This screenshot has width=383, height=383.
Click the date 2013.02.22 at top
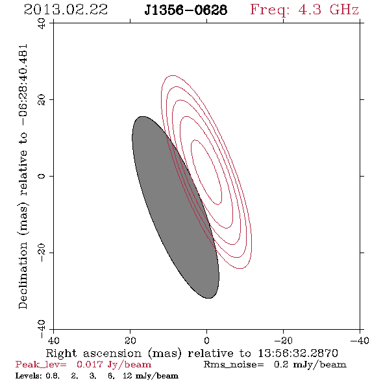(x=66, y=10)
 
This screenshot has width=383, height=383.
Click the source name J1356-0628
(x=186, y=10)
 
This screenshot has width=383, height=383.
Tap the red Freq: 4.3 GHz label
(x=304, y=10)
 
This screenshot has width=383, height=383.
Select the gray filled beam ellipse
(x=175, y=207)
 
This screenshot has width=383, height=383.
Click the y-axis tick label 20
(x=42, y=100)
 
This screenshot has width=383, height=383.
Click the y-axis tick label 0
(x=42, y=176)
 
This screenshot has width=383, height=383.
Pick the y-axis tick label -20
(x=42, y=253)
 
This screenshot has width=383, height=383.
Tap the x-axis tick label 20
(x=130, y=340)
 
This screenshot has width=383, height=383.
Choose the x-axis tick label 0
(x=206, y=340)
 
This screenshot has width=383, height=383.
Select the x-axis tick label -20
(x=283, y=340)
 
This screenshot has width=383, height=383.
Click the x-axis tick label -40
(x=360, y=340)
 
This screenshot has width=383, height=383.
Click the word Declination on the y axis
(x=23, y=275)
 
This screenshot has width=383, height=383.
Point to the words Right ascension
(x=93, y=353)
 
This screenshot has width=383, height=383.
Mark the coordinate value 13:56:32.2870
(x=298, y=353)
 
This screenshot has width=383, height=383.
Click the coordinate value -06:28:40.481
(x=23, y=85)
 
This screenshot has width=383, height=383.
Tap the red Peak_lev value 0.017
(x=90, y=364)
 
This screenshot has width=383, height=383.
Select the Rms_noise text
(x=234, y=365)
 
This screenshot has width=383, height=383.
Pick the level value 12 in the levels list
(x=127, y=376)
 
